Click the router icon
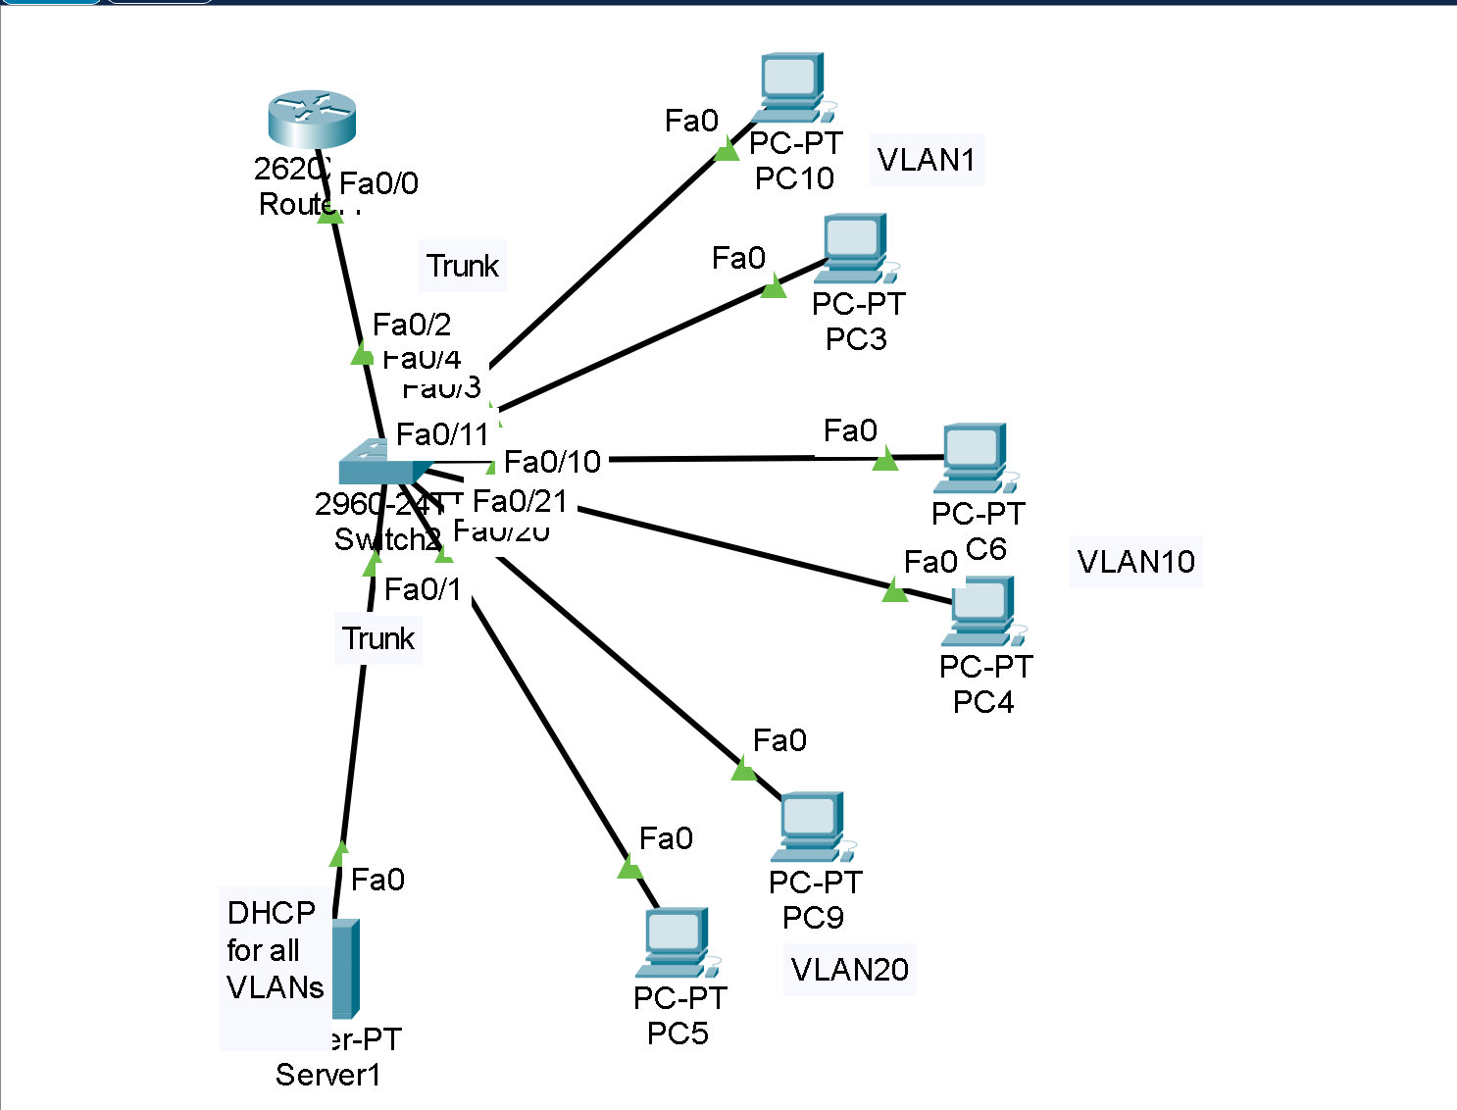point(312,119)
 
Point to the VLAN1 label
point(927,160)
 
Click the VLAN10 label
point(1135,562)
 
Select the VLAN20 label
point(849,970)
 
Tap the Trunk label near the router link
point(463,266)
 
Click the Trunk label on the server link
point(378,638)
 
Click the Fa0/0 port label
point(378,183)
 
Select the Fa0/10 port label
point(552,462)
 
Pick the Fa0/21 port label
point(520,501)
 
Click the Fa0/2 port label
point(412,325)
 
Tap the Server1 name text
point(327,1075)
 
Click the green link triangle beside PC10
point(727,150)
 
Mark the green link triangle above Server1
point(339,854)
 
